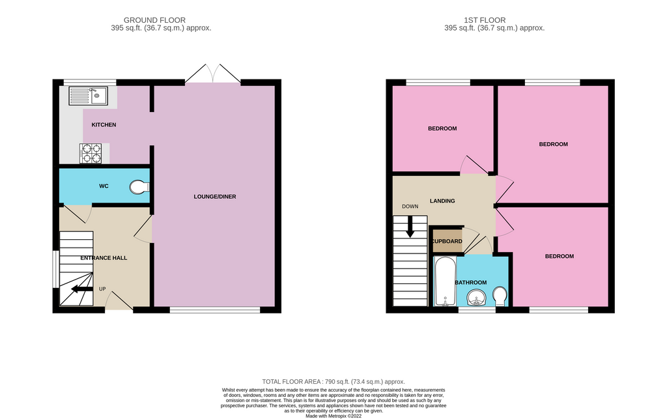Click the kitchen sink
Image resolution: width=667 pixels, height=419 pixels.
click(x=88, y=96)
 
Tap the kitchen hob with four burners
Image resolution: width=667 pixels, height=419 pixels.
click(x=90, y=153)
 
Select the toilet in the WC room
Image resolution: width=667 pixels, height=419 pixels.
click(x=139, y=187)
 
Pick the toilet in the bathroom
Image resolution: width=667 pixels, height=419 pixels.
click(x=500, y=296)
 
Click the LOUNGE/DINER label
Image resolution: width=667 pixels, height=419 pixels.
click(x=214, y=197)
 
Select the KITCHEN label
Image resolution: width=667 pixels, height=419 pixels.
click(x=104, y=124)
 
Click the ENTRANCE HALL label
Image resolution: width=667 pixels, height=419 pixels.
click(x=104, y=258)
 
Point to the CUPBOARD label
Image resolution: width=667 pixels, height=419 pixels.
click(x=447, y=242)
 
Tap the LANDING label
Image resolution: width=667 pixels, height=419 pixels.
click(x=442, y=201)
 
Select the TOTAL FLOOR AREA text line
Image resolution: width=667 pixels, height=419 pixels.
click(x=333, y=382)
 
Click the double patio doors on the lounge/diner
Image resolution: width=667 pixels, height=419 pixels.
click(x=213, y=74)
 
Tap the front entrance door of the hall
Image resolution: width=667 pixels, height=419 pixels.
click(x=119, y=302)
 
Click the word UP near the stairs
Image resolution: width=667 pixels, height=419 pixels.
click(x=102, y=289)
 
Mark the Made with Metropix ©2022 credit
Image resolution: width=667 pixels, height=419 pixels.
click(x=333, y=415)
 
